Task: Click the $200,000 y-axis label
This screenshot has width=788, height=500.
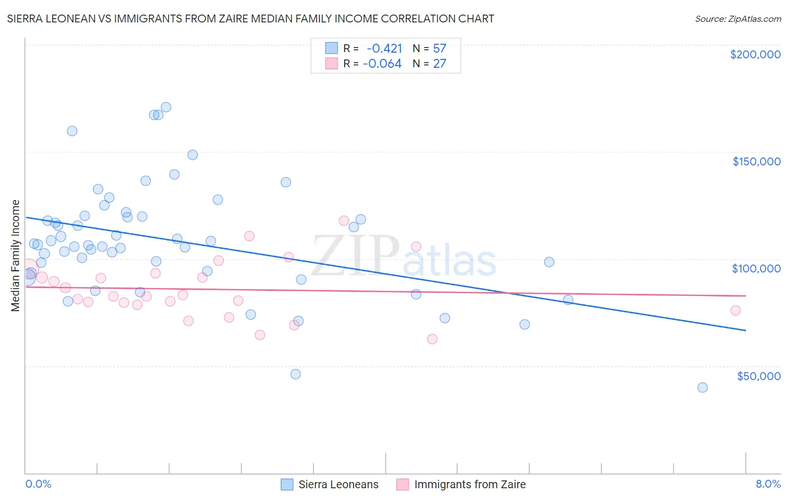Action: (755, 54)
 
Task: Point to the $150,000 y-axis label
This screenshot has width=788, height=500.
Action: (756, 161)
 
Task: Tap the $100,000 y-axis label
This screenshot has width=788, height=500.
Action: (756, 268)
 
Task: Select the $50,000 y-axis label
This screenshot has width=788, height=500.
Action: (758, 376)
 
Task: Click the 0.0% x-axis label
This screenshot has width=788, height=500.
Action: (38, 484)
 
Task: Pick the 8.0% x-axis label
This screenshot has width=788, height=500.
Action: (768, 484)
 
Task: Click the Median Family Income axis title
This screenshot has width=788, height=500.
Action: (16, 256)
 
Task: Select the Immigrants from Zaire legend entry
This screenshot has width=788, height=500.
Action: (461, 484)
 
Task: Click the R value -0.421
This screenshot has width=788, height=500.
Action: (384, 48)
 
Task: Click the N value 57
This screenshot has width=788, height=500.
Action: (439, 48)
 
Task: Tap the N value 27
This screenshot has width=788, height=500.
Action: (439, 64)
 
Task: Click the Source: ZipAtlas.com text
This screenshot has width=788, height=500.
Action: (738, 19)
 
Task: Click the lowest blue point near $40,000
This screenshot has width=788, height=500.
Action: (702, 387)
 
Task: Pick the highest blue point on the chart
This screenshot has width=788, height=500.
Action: (166, 107)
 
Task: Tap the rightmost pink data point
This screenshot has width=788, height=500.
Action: (735, 311)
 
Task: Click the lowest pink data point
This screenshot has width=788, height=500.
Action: (432, 339)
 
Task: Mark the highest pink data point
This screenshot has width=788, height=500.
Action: (344, 221)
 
